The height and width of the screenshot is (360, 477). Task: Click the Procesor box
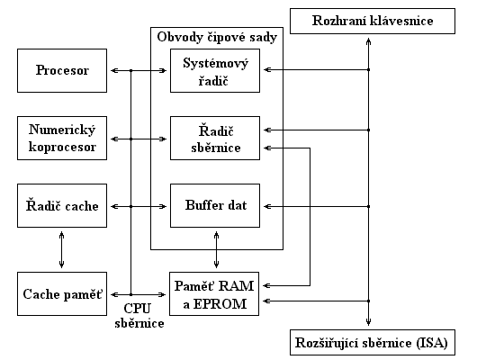coord(62,70)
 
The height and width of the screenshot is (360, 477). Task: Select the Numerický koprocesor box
coord(62,138)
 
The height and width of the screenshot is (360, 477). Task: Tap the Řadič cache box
coord(62,205)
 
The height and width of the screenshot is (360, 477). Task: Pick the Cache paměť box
coord(62,293)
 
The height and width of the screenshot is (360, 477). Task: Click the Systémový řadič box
coord(215,70)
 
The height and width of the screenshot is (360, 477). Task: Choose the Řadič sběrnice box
coord(215,138)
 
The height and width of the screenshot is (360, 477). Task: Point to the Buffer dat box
coord(215,205)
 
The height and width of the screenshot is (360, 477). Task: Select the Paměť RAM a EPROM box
coord(214,293)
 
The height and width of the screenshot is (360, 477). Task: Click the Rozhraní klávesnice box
coord(373,21)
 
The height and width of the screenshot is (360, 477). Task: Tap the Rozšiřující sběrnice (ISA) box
coord(373,342)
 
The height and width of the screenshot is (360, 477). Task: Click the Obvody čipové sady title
coord(217,37)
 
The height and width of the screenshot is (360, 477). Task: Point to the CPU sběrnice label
coord(139,316)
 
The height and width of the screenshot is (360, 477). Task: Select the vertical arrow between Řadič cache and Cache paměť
coord(62,249)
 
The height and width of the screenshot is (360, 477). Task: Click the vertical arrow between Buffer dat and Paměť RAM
coord(216,249)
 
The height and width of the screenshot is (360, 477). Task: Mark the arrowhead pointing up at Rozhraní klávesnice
coord(368,41)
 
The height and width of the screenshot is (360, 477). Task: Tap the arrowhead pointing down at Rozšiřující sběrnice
coord(368,322)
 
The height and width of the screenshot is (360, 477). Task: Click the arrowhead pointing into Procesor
coord(114,70)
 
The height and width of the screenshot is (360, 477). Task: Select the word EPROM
coord(220,303)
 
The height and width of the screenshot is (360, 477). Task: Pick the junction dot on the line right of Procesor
coord(131,70)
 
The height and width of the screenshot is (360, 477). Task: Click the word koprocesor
coord(62,147)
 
